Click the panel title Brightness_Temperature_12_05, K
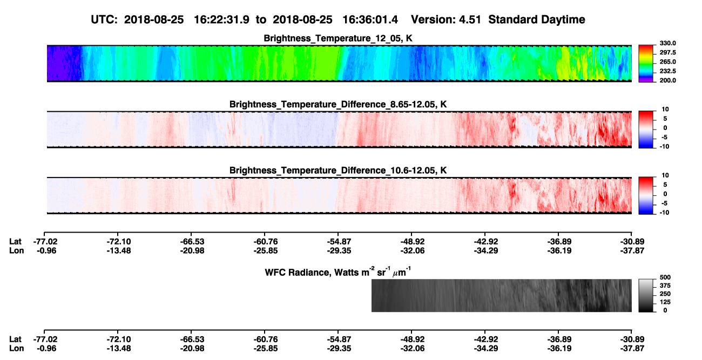338,38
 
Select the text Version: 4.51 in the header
446,19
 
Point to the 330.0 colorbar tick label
667,43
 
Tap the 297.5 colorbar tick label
667,52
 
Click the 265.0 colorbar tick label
667,62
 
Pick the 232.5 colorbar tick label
667,71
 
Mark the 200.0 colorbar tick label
667,80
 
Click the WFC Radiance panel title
338,271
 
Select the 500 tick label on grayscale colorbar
665,277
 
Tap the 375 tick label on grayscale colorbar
665,286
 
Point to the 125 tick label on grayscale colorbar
665,302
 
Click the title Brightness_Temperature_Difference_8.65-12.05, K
338,104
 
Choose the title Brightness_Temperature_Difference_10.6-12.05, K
338,171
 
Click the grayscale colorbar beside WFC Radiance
646,295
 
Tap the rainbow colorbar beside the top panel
646,64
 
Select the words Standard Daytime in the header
537,19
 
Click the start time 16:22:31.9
221,19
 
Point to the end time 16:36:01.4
370,19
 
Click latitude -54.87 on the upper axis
339,242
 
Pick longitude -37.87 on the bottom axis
632,349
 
